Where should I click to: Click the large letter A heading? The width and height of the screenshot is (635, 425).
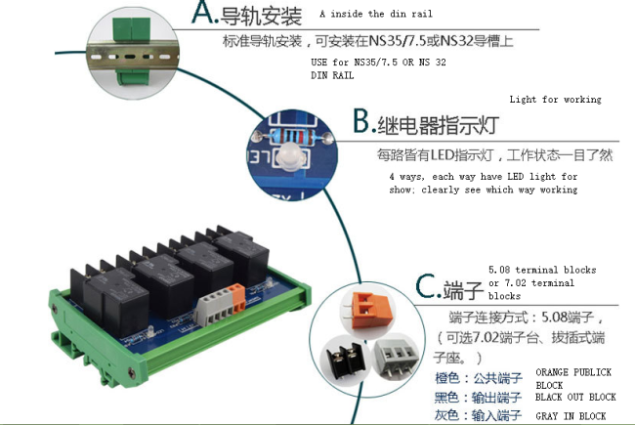tap(205, 13)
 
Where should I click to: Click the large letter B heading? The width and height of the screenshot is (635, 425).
tap(362, 121)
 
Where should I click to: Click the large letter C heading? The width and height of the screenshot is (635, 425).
tap(427, 286)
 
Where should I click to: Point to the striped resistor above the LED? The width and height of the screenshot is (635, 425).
tap(291, 136)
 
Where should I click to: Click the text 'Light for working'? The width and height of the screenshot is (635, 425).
tap(555, 100)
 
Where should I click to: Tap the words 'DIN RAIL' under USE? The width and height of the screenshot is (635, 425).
tap(332, 75)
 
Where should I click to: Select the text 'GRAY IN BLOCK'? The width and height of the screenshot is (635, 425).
tap(571, 416)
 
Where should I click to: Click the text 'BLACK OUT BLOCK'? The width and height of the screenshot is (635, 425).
tap(575, 397)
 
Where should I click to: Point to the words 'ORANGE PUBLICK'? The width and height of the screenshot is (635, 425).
tap(573, 372)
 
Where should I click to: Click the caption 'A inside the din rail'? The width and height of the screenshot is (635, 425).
tap(376, 14)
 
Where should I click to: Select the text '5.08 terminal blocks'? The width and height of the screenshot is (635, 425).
tap(542, 270)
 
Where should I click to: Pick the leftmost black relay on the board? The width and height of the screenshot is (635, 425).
tap(109, 301)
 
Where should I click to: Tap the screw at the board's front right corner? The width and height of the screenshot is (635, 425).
tap(132, 372)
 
